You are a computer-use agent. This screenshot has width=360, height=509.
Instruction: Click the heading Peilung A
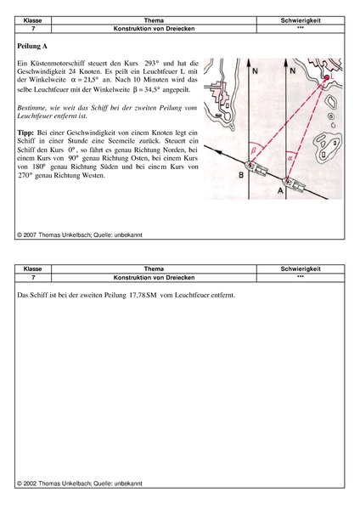click(32, 46)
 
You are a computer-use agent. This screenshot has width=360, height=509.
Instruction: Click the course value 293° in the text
click(152, 63)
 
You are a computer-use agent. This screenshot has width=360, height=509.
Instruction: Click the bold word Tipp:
click(25, 133)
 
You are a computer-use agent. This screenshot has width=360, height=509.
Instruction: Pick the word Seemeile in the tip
click(150, 141)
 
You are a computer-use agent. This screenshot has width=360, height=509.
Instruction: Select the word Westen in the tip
click(93, 176)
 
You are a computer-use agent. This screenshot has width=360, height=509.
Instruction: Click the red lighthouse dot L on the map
click(327, 77)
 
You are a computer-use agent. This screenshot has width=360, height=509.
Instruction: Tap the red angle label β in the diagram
click(254, 150)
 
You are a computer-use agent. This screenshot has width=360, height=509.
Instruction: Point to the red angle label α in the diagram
click(290, 158)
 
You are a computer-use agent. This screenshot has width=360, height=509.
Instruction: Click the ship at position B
click(256, 169)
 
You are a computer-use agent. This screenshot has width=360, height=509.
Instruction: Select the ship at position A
click(295, 184)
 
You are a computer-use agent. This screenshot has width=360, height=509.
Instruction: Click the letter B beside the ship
click(241, 175)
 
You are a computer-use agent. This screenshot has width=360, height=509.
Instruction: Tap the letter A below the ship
click(280, 191)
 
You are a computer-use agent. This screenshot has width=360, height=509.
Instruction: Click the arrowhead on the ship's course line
click(219, 152)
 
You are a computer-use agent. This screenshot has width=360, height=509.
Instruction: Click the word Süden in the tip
click(109, 167)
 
